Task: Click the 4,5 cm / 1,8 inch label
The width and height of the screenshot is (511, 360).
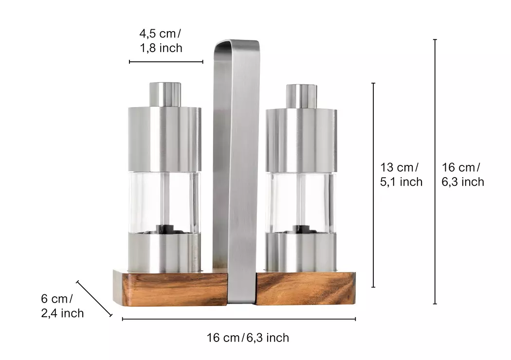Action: pos(161,41)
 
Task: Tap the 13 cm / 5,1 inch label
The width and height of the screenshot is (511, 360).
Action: pos(401,175)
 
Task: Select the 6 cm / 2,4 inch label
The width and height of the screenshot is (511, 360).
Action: pos(62,306)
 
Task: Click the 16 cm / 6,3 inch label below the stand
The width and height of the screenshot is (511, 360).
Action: pos(248,338)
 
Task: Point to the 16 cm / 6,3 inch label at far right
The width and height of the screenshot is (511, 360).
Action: pos(463,175)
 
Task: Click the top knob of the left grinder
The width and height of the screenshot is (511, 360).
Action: pos(165,94)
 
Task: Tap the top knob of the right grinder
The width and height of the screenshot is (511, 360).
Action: pos(301,96)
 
